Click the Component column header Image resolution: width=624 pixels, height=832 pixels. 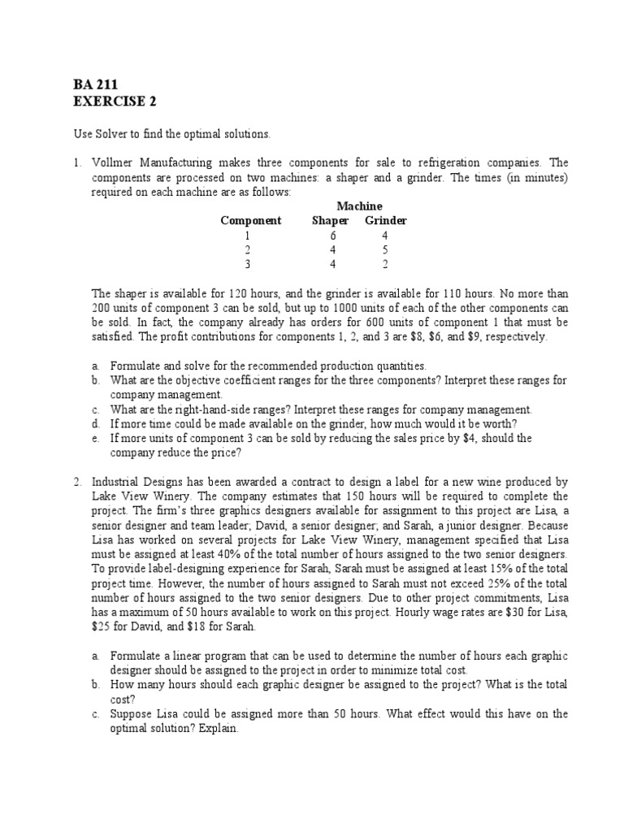pyautogui.click(x=251, y=220)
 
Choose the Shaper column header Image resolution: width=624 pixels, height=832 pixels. pyautogui.click(x=330, y=220)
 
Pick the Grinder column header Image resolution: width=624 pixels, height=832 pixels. pyautogui.click(x=385, y=220)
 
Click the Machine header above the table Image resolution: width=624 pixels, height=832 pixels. pyautogui.click(x=359, y=206)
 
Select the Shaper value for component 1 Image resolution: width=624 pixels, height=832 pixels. pyautogui.click(x=331, y=235)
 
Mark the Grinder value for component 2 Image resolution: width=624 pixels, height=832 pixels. pyautogui.click(x=384, y=249)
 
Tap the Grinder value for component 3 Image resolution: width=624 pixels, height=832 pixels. pyautogui.click(x=384, y=264)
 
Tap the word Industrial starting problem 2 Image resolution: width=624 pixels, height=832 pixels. pyautogui.click(x=117, y=482)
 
